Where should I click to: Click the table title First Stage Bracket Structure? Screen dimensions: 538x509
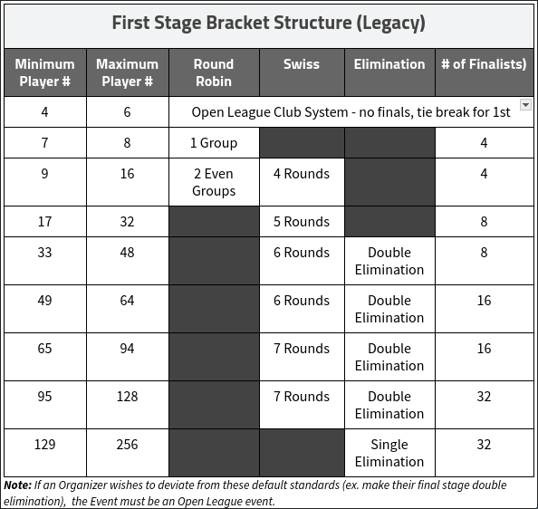point(269,24)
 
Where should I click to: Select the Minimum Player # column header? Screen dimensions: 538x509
point(45,72)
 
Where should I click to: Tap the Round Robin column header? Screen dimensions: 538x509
point(214,72)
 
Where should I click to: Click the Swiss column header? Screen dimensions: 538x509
point(302,64)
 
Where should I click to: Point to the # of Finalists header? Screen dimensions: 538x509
point(484,64)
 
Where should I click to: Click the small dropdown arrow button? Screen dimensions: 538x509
point(525,105)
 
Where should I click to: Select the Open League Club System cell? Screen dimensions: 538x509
point(351,112)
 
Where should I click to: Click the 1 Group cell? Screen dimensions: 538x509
point(214,143)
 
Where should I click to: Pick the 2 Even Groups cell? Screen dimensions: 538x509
point(214,182)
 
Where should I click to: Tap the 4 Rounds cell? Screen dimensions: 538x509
point(302,174)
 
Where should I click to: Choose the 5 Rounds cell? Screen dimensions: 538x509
point(302,222)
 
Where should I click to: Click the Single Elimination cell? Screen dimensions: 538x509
point(389,453)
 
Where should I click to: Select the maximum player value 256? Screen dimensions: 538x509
point(128,445)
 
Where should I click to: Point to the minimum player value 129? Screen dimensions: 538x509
point(45,445)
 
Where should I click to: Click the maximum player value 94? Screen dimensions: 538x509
point(128,349)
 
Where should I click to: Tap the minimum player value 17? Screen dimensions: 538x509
point(45,222)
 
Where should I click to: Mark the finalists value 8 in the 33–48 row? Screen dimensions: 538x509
point(484,253)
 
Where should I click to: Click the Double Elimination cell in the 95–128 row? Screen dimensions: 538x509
point(389,405)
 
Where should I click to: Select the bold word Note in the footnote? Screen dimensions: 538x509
point(17,485)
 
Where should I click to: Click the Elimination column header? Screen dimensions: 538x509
point(389,64)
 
